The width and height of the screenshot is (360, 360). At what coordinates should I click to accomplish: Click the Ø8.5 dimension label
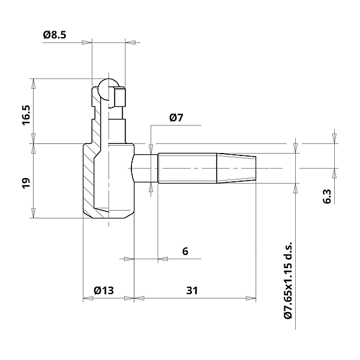[54, 35]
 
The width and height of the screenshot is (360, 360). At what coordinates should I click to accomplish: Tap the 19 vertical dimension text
[26, 183]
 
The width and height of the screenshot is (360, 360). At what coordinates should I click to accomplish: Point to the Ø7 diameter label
[176, 118]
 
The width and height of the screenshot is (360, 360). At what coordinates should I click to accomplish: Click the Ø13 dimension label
[104, 290]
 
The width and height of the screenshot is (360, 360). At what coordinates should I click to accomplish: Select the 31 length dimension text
[192, 290]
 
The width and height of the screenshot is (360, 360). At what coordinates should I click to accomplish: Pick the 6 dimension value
[185, 251]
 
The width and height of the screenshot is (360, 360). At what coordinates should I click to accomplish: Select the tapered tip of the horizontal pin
[236, 168]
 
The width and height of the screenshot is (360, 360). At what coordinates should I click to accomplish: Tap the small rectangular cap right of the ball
[121, 97]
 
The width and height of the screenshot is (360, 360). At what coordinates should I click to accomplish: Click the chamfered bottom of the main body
[108, 213]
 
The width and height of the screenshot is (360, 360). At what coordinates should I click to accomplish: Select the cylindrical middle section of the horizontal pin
[187, 169]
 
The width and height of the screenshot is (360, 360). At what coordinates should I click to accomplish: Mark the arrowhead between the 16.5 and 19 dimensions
[34, 144]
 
